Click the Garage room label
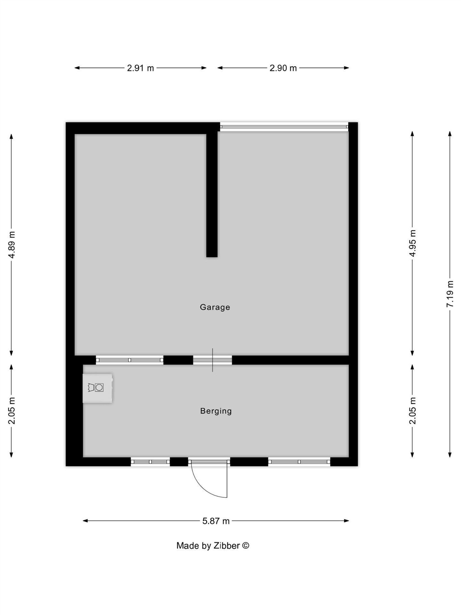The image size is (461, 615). (215, 307)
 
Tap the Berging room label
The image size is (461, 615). (216, 411)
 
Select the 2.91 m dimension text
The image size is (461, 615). (140, 68)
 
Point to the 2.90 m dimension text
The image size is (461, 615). (283, 68)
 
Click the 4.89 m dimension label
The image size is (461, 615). (12, 245)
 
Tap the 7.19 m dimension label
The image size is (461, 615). (450, 294)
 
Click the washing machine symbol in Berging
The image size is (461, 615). (97, 388)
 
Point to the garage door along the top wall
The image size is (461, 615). (284, 127)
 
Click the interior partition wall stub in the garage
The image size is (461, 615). (212, 195)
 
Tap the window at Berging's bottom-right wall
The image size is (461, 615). (299, 462)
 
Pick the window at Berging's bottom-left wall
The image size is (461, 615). (150, 462)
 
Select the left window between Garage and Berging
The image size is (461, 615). (130, 360)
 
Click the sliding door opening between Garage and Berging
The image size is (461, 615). (212, 360)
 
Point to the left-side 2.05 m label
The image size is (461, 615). (12, 411)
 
